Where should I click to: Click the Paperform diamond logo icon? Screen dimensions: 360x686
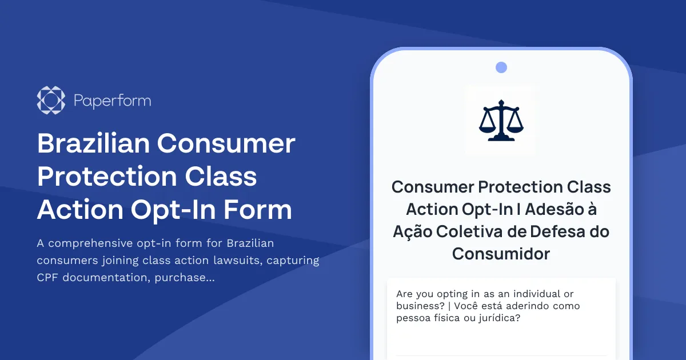click(x=51, y=101)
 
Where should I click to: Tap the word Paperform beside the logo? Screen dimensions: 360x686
click(x=113, y=101)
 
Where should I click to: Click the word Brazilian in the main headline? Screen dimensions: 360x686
click(x=93, y=143)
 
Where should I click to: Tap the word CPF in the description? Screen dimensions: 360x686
click(x=47, y=278)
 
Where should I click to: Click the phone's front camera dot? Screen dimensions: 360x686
click(x=501, y=67)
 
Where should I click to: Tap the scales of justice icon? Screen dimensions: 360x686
click(x=500, y=120)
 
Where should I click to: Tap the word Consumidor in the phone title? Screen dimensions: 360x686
click(x=501, y=254)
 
